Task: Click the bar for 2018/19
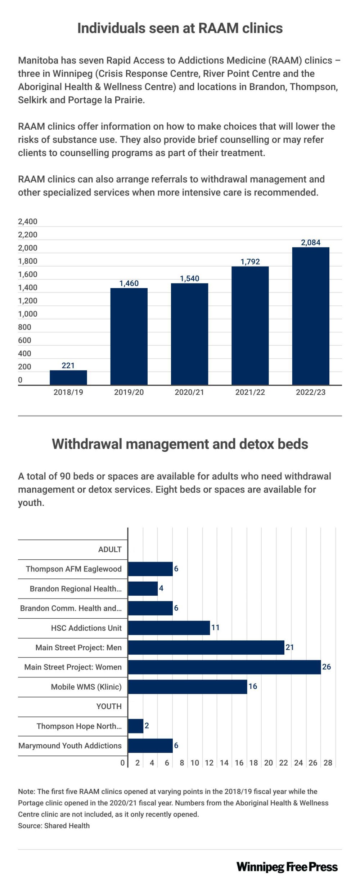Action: point(68,377)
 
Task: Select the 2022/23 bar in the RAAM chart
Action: point(311,316)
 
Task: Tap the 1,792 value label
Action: point(250,261)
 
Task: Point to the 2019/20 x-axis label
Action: point(129,392)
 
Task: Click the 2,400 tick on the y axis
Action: point(28,221)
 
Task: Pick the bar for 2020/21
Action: point(189,334)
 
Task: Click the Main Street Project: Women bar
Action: point(224,667)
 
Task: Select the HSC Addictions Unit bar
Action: point(169,628)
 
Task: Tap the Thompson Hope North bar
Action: point(136,726)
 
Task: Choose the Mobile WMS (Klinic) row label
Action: point(86,687)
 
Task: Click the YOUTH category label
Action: point(109,706)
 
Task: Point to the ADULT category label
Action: point(110,550)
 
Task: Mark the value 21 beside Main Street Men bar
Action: point(290,647)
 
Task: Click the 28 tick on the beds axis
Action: point(328,763)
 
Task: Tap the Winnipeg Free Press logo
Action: point(287,867)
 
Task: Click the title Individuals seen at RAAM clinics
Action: point(180,28)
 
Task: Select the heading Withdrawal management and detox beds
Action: point(180,444)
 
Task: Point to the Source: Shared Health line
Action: point(54,826)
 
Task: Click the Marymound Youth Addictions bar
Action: point(150,745)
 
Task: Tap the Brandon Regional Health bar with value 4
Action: point(143,588)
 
